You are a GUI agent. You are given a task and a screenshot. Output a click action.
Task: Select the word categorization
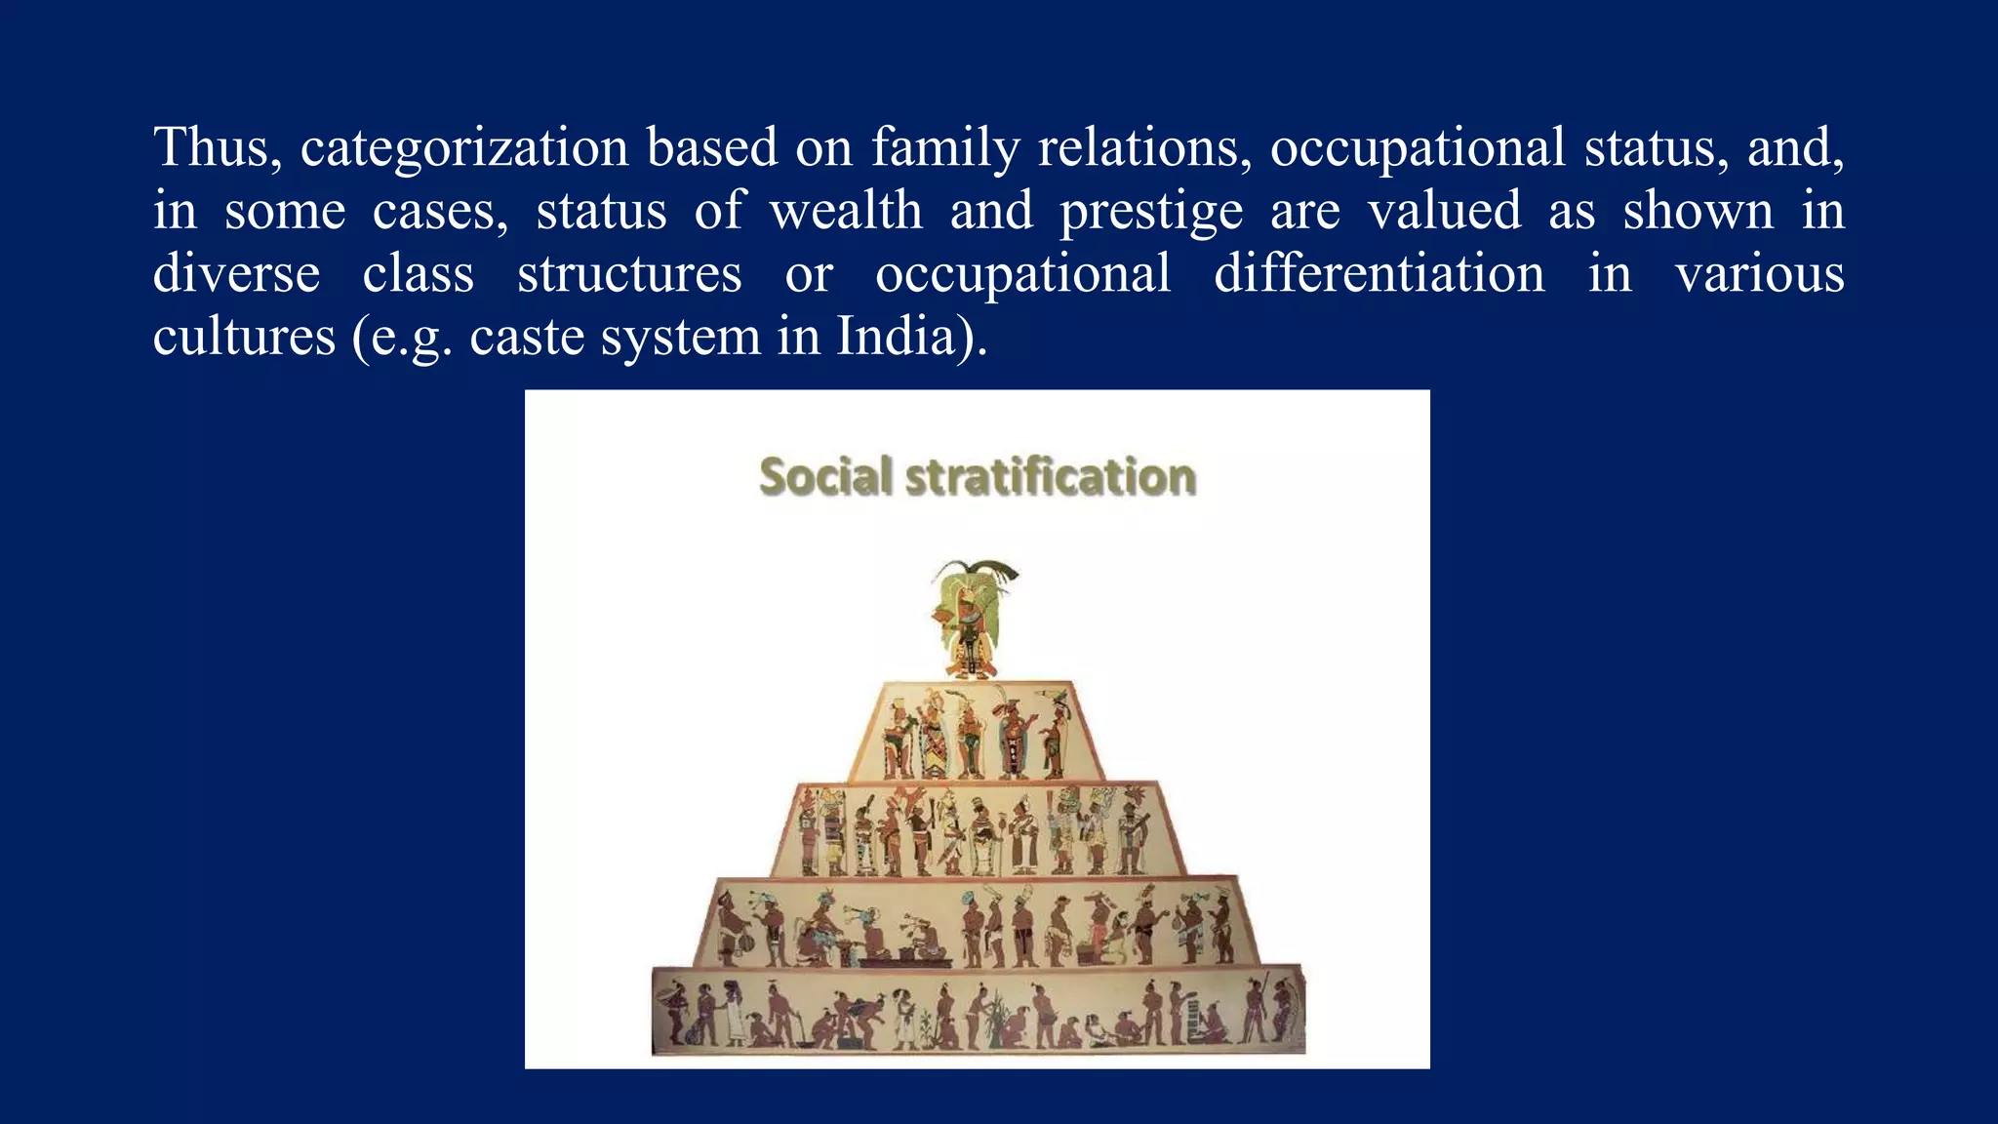(x=463, y=148)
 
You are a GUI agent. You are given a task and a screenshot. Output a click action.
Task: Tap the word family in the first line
(x=944, y=148)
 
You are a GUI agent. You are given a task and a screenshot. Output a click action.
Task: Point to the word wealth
(x=846, y=212)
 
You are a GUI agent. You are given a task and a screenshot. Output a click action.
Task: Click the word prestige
(x=1151, y=212)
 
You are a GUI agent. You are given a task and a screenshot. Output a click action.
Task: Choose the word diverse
(x=236, y=274)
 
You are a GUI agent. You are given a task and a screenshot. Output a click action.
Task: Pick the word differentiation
(x=1379, y=274)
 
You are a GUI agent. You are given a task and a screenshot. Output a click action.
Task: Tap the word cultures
(x=244, y=337)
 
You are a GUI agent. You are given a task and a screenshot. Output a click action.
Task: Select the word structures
(x=629, y=274)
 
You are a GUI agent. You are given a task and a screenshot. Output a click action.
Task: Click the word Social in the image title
(x=825, y=477)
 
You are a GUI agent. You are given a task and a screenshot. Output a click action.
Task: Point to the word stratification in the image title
(x=1050, y=477)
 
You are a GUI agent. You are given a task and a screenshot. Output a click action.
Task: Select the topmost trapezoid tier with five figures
(x=976, y=732)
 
